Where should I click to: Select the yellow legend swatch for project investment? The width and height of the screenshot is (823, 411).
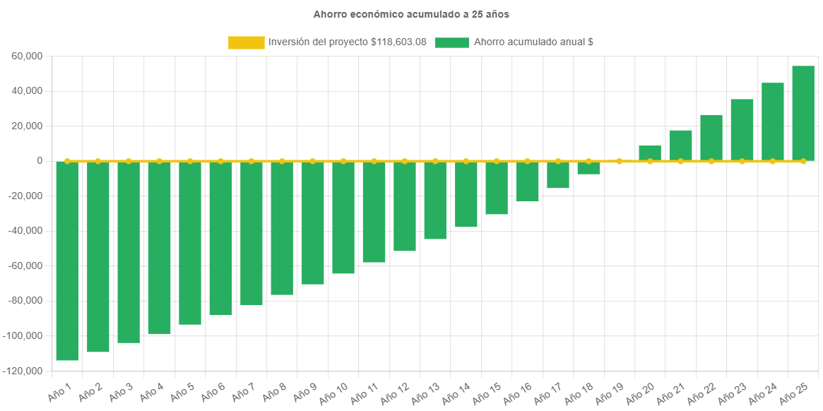click(x=247, y=42)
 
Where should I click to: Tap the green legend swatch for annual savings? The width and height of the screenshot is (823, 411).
click(x=451, y=42)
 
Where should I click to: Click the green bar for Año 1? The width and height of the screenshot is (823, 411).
click(x=67, y=261)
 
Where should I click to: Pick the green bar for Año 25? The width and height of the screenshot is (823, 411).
click(x=803, y=113)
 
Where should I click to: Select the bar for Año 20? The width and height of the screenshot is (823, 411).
click(x=650, y=153)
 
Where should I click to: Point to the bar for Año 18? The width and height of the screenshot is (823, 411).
click(x=588, y=168)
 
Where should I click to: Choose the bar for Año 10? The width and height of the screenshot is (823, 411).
click(x=343, y=218)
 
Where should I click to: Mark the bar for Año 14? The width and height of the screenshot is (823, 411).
click(x=466, y=194)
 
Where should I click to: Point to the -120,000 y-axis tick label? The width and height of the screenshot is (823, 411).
click(x=23, y=371)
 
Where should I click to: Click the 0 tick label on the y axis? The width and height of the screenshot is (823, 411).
click(x=40, y=161)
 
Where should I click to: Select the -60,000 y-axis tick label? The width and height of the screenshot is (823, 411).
click(x=25, y=266)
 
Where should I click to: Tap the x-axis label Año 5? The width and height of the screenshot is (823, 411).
click(x=181, y=392)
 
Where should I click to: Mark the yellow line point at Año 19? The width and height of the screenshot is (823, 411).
click(x=620, y=161)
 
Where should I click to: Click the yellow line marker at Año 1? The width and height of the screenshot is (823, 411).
click(x=67, y=161)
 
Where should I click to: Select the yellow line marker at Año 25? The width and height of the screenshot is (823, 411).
click(x=803, y=161)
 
